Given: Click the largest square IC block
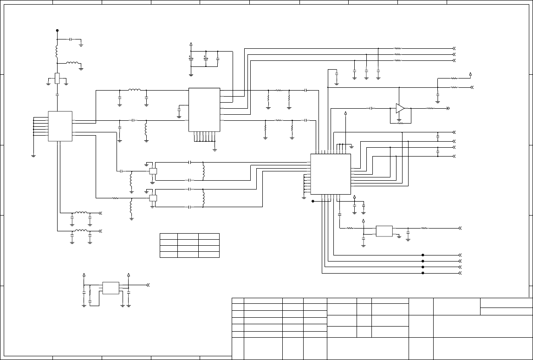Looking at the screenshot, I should [x=331, y=174].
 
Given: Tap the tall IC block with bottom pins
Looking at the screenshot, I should [x=204, y=110].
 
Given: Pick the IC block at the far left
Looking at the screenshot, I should [x=60, y=126].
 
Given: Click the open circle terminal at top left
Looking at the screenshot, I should [x=57, y=31].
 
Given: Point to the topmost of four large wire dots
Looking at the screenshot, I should [x=423, y=255].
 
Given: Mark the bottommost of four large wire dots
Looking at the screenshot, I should [x=423, y=273].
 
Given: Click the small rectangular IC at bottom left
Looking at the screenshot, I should [x=110, y=288].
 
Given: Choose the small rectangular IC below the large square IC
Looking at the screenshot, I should [x=384, y=231].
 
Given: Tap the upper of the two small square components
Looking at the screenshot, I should [x=153, y=171].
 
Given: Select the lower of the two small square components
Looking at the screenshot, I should [x=153, y=198].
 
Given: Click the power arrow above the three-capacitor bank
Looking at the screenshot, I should [x=191, y=45].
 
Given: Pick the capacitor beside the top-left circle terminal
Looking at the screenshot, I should [x=71, y=39].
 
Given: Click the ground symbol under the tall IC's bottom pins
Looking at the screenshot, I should [x=214, y=149].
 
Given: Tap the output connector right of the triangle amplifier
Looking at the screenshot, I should [x=448, y=108].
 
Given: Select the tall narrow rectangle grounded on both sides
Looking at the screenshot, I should [x=57, y=79].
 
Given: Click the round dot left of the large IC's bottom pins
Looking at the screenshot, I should [x=313, y=201].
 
